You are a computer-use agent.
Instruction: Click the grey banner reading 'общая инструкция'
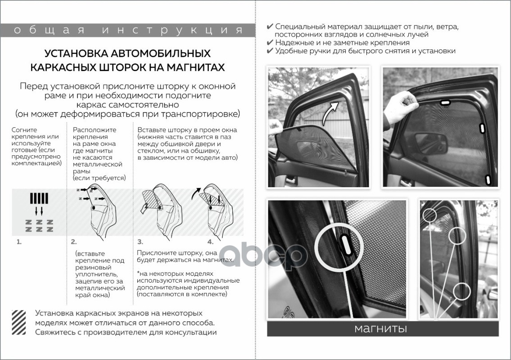(x=128, y=30)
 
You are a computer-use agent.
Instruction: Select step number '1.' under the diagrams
(x=19, y=242)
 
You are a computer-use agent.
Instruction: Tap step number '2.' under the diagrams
(x=74, y=242)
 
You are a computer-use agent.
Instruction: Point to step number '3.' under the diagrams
(x=140, y=242)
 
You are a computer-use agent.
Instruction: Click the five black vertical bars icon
(x=39, y=198)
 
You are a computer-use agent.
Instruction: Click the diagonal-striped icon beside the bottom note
(x=19, y=322)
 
